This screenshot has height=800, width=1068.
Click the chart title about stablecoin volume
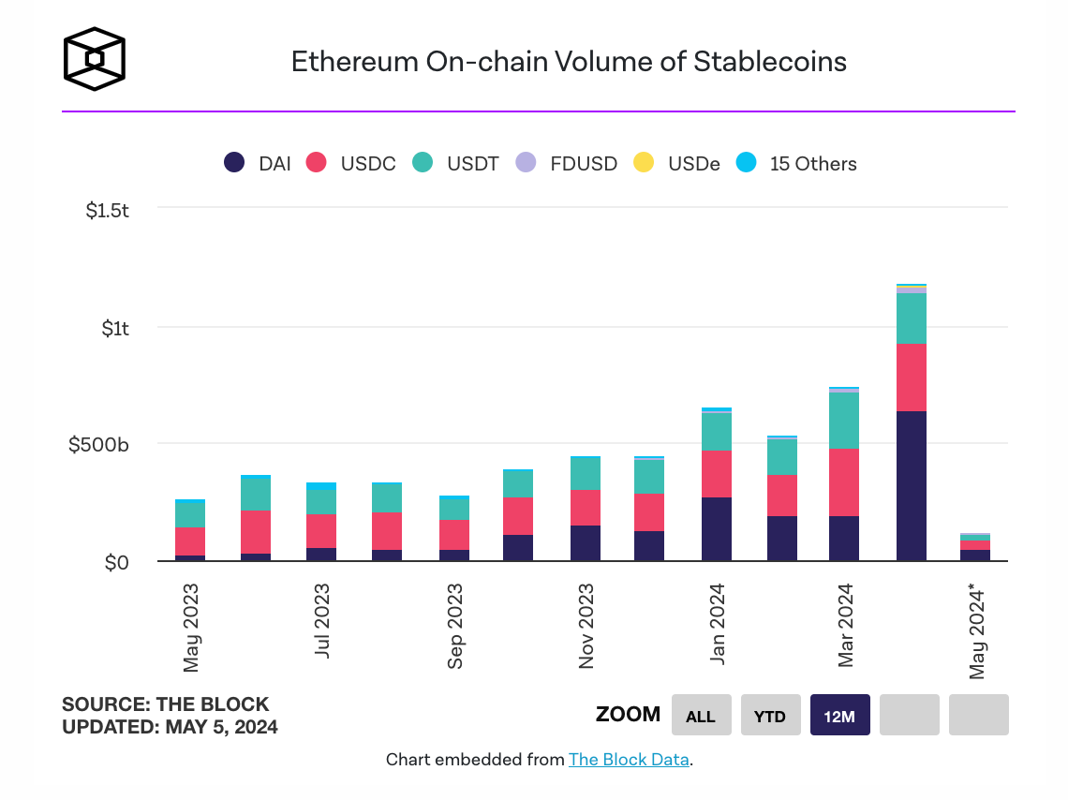569,62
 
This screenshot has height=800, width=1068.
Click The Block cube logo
94,60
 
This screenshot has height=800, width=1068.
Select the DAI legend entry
258,163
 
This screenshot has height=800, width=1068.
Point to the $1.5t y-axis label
107,211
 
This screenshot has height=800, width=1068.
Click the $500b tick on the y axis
98,444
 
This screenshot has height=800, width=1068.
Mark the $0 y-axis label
116,563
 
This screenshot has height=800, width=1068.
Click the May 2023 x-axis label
191,627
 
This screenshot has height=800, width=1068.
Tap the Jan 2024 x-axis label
717,623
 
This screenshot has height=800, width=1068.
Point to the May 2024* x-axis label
978,630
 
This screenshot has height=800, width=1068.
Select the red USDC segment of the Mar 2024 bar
845,481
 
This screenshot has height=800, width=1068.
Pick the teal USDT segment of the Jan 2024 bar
716,431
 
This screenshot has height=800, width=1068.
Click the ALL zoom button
700,716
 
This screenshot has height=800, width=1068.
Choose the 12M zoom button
839,716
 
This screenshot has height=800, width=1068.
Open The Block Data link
629,760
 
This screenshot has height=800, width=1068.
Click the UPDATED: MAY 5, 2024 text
170,726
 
